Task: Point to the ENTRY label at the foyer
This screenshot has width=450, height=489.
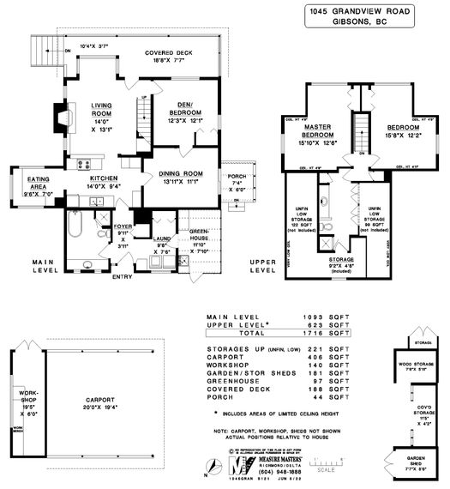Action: coord(123,276)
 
